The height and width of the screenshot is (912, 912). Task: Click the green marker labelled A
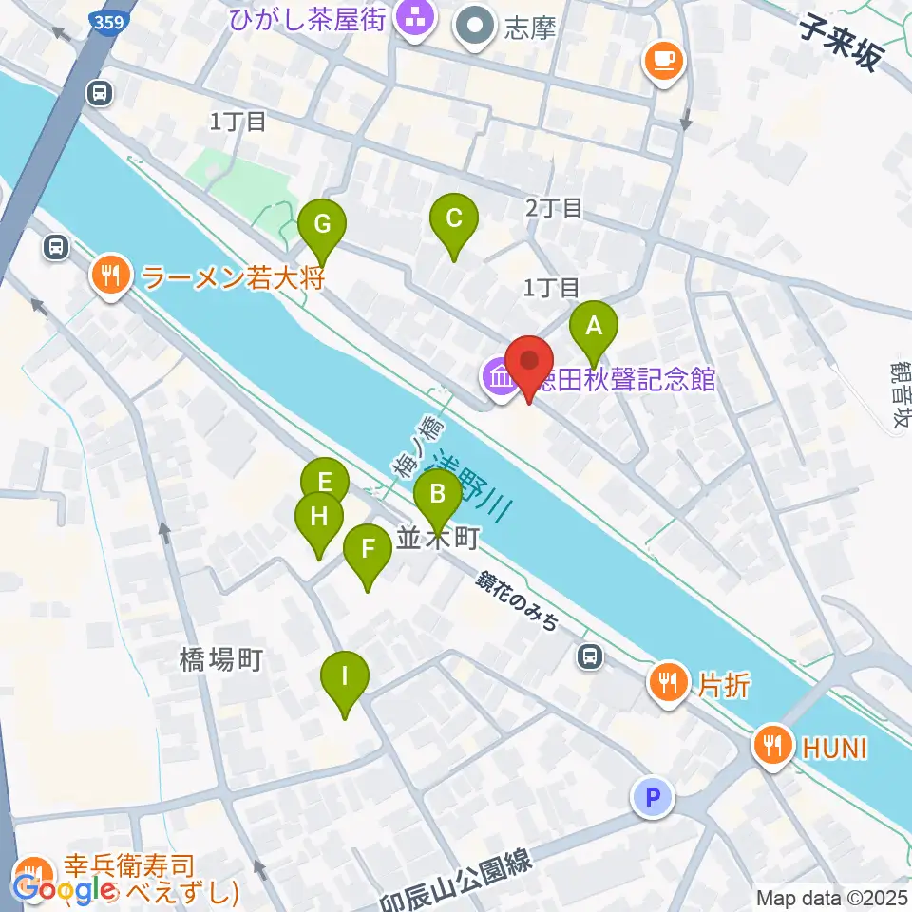[x=594, y=328]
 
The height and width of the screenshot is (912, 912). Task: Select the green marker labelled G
[x=322, y=226]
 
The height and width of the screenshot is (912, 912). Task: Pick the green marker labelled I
[x=345, y=677]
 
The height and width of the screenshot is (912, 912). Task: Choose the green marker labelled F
[x=367, y=550]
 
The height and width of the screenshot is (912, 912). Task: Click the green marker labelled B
[x=438, y=495]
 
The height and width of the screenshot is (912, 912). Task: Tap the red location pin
[x=529, y=362]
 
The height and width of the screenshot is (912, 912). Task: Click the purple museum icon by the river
[x=499, y=379]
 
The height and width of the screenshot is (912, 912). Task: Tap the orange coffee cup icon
[x=663, y=61]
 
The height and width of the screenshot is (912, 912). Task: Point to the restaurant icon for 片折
[x=670, y=681]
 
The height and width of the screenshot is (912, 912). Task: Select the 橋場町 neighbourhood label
[x=219, y=658]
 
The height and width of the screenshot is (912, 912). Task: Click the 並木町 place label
[x=436, y=539]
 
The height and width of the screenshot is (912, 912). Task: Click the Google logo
[x=65, y=890]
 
